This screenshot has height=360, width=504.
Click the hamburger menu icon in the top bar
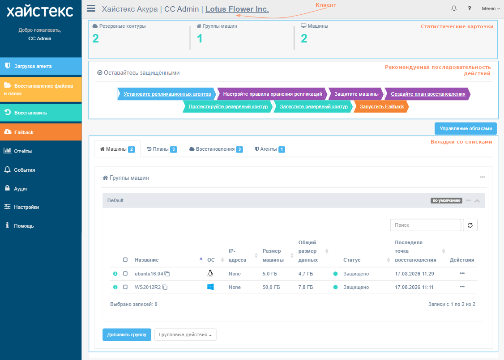coord(91,8)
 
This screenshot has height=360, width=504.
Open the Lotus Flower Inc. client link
coord(237,9)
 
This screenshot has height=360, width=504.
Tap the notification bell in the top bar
coord(454,8)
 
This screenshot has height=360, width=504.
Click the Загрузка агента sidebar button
coord(41,66)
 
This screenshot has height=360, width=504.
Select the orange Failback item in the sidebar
coord(41,132)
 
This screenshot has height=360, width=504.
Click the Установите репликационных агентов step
coord(167,94)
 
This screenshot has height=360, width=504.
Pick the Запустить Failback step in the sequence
coord(381,106)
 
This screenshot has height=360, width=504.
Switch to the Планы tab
coord(162,149)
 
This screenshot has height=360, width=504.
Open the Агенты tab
coord(269,149)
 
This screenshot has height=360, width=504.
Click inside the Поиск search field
coord(425,225)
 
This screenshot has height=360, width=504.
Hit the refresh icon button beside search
coord(470,225)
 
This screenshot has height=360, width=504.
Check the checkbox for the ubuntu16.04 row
coord(125,274)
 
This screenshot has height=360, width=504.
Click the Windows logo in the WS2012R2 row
coord(210,287)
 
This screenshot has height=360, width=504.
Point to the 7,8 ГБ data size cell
coord(305,287)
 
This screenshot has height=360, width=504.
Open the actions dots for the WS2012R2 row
coord(462,287)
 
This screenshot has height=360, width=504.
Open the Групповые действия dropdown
coord(185,335)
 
